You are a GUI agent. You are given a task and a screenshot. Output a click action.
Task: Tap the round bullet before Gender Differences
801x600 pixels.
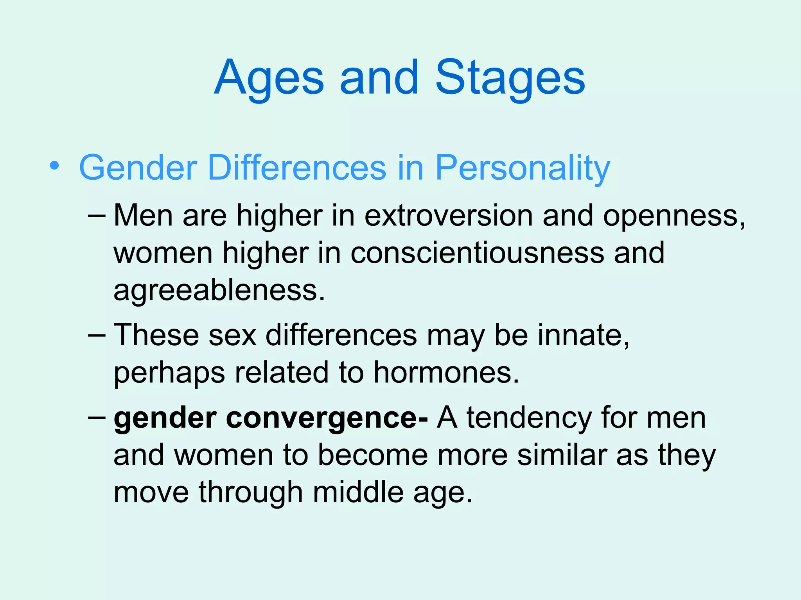55,166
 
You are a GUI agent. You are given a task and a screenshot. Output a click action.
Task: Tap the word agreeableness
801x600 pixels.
219,291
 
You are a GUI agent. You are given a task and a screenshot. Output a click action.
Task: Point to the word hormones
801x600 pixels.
446,372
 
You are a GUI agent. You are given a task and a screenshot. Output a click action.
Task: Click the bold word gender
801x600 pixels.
165,418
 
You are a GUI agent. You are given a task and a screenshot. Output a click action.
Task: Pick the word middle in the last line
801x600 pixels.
358,492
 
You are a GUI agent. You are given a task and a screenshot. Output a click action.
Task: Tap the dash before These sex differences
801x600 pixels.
97,335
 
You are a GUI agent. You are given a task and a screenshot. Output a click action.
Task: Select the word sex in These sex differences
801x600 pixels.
232,335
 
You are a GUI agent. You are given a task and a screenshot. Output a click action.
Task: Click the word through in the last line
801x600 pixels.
251,492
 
